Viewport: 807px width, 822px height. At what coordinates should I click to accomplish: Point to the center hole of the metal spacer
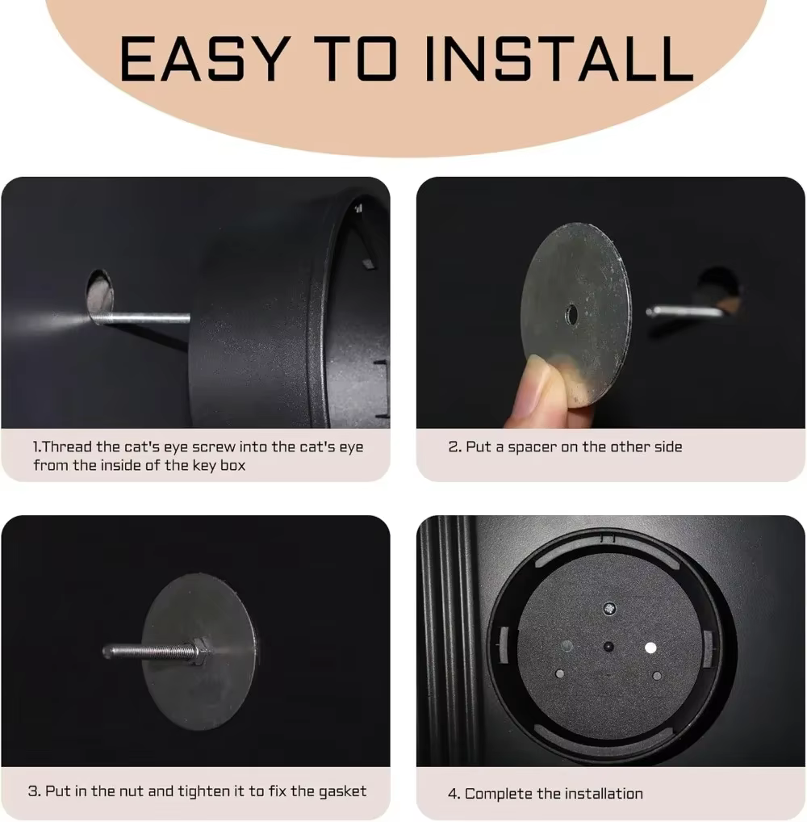pos(571,315)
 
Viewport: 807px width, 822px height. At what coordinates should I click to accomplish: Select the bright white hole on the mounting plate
pos(650,648)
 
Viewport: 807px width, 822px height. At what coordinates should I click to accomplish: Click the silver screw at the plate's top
pos(609,609)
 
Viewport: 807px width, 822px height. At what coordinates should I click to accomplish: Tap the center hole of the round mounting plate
pos(608,647)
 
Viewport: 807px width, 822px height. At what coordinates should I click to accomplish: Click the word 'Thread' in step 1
pos(66,447)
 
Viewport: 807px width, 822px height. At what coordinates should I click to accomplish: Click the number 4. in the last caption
pos(454,795)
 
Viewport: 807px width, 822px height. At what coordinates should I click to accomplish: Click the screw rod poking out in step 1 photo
pos(141,317)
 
